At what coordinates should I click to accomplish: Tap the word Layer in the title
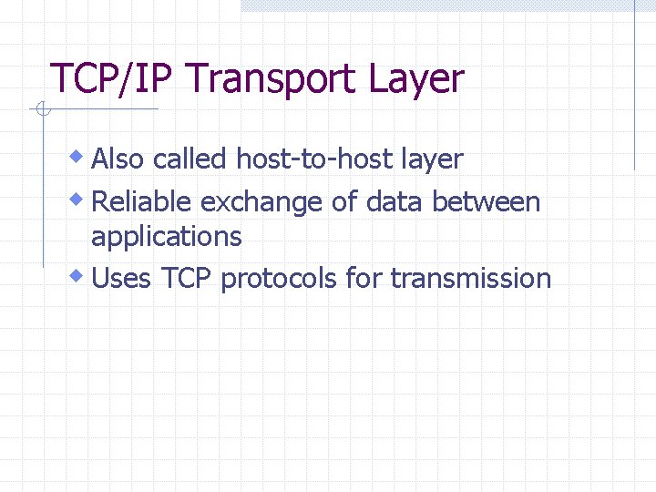(x=416, y=80)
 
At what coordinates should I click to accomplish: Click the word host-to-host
(x=314, y=159)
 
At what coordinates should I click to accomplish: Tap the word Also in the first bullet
(x=118, y=159)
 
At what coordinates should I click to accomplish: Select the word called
(x=190, y=159)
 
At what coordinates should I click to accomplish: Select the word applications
(x=166, y=238)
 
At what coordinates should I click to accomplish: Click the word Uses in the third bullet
(x=121, y=278)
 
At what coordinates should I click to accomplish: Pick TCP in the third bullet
(x=186, y=278)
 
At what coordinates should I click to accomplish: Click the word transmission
(x=471, y=278)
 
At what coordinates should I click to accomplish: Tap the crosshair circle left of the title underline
(x=40, y=111)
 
